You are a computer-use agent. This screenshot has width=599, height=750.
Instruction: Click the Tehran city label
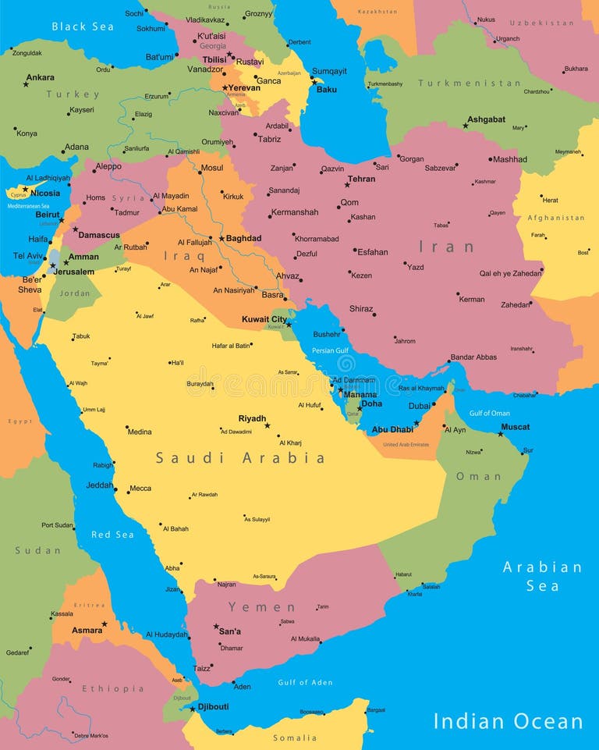point(361,179)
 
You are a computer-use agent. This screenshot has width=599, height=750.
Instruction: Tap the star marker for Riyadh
point(267,425)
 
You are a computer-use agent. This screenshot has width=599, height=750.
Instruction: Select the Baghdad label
point(243,238)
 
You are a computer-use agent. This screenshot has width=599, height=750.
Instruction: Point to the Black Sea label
point(83,27)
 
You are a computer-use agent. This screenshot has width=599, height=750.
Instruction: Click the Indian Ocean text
point(508,721)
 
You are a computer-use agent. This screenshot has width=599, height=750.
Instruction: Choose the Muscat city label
point(515,427)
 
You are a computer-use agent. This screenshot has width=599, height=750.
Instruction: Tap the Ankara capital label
point(40,77)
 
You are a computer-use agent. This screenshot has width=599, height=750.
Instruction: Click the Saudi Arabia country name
point(240,458)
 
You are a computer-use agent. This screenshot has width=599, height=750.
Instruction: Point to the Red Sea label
point(112,535)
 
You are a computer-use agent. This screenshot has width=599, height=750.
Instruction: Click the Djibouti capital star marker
point(193,709)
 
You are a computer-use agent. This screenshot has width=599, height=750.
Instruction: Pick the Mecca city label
point(140,489)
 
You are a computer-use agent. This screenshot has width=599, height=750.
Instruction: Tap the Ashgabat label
point(486,119)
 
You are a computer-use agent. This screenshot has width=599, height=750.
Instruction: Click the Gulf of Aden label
point(305,682)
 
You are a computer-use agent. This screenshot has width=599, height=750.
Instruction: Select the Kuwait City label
point(264,319)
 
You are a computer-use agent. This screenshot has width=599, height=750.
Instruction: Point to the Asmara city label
point(87,630)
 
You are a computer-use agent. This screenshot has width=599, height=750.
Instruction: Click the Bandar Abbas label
point(473,357)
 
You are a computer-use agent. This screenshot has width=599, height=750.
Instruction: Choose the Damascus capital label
point(99,235)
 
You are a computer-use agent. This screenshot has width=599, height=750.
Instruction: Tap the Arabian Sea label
point(542,576)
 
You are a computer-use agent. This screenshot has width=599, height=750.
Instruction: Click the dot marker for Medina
point(127,427)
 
